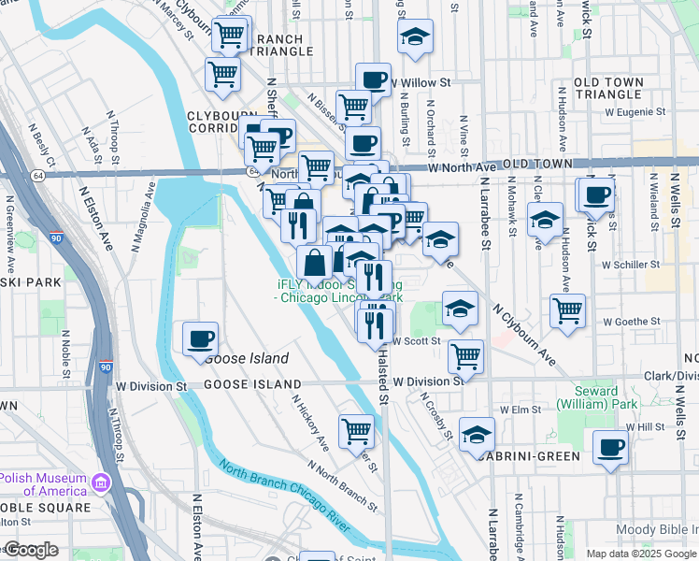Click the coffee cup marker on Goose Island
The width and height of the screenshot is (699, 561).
[x=200, y=339]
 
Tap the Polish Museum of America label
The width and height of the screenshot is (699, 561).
[x=44, y=483]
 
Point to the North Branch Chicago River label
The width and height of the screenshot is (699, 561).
[x=284, y=496]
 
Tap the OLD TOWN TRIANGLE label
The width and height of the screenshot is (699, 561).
[x=608, y=89]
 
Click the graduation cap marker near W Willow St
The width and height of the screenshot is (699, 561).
[x=415, y=37]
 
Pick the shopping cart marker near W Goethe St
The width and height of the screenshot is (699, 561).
[x=567, y=312]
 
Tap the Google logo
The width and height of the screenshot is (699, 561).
[x=30, y=550]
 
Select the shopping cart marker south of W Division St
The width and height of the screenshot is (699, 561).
[x=356, y=431]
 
